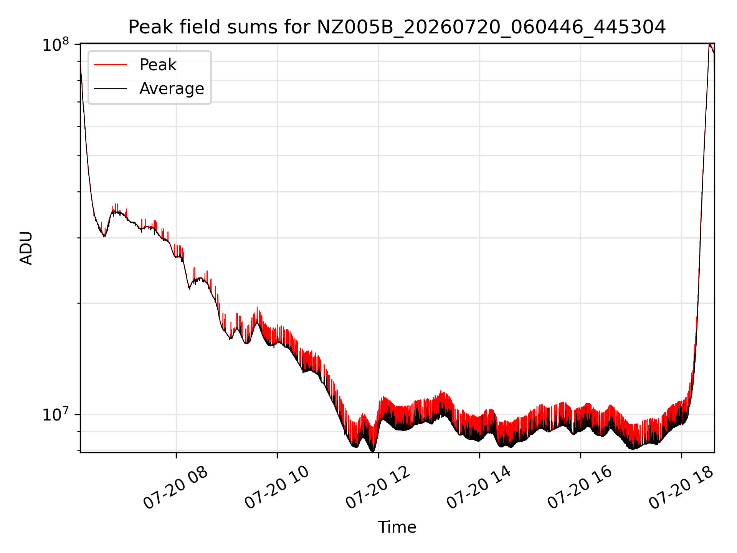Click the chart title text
tap(397, 27)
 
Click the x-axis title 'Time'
tap(397, 527)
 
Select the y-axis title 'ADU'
tap(26, 248)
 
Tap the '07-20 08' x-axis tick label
tap(175, 488)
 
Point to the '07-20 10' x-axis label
tap(277, 488)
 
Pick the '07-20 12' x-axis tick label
tap(378, 488)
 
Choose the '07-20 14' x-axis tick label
tap(479, 488)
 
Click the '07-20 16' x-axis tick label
tap(580, 488)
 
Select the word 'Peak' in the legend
tap(158, 65)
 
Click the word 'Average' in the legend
tap(172, 89)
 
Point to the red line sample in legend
tap(111, 65)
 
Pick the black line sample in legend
tap(111, 89)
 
